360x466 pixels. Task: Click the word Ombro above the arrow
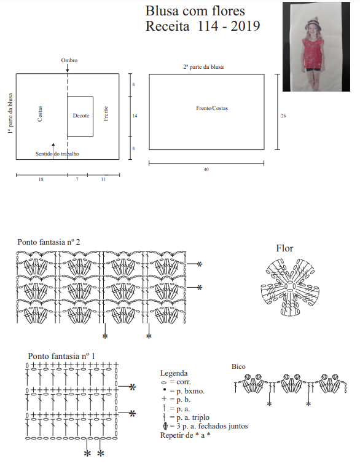tap(69, 60)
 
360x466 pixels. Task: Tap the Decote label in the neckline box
tap(81, 116)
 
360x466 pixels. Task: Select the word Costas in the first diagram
tap(40, 114)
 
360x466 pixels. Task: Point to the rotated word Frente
tap(106, 114)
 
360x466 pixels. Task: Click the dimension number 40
tap(206, 170)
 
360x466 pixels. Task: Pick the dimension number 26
tap(283, 116)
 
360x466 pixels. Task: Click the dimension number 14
tap(135, 116)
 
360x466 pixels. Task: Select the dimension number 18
tap(41, 180)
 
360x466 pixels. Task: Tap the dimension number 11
tap(103, 180)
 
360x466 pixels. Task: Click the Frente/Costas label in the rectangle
tap(212, 108)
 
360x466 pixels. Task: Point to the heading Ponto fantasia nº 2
tap(49, 242)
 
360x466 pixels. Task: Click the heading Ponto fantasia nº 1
tap(61, 356)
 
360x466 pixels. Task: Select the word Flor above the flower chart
tap(284, 248)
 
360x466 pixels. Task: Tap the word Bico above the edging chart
tap(238, 366)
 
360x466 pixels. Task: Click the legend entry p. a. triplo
tap(193, 417)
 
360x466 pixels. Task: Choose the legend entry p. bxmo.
tap(190, 391)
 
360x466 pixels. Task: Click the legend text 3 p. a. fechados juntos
tap(212, 426)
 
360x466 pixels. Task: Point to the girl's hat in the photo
tap(311, 23)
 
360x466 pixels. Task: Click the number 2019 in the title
tap(245, 26)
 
